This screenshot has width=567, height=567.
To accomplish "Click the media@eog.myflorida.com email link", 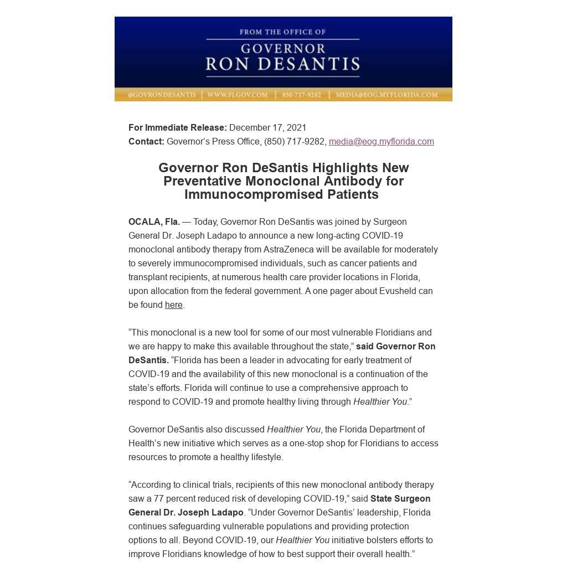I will coord(381,141).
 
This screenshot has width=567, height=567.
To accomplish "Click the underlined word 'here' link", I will coord(173,305).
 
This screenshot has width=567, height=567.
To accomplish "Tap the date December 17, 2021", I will coord(267,127).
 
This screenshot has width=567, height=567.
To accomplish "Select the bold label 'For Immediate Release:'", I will coord(177,127).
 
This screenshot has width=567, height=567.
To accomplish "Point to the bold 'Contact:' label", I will coord(146,141).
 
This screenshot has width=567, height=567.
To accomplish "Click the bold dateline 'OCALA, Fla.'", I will coord(154,221).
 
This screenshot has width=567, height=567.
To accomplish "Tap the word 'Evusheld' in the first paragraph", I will coord(399,291).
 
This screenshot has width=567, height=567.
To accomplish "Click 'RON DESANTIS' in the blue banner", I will coord(282,64).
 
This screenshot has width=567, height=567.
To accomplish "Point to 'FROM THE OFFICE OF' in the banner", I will coord(282,32).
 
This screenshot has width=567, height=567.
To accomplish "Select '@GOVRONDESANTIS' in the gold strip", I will coord(162,95).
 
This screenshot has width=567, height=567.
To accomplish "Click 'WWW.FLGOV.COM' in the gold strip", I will coord(238,95).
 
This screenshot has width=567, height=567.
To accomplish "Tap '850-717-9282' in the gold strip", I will coord(301,95).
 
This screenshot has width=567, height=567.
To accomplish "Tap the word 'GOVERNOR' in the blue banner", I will coord(282,48).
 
